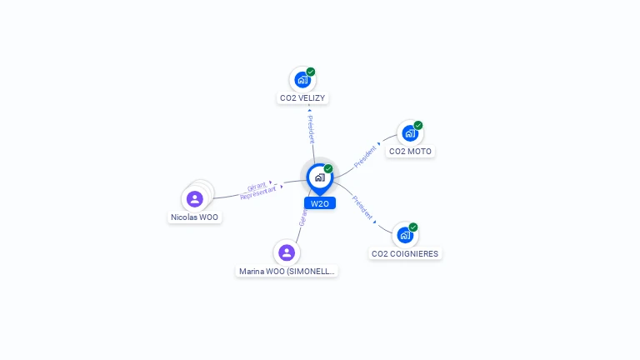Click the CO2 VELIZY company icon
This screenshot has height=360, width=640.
(x=302, y=80)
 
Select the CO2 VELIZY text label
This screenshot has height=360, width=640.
(x=302, y=98)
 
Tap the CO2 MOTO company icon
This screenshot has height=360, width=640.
(x=409, y=133)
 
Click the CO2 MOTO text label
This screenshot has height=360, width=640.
(x=410, y=152)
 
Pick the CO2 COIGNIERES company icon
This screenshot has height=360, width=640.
(x=404, y=235)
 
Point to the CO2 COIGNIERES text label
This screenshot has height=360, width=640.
(x=405, y=253)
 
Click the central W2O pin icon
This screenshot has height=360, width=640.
(x=319, y=177)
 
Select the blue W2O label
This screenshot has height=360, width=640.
(x=320, y=203)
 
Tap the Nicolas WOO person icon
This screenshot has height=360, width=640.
(x=194, y=199)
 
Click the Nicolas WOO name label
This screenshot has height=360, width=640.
(x=195, y=217)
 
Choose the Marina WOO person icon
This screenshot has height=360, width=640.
(x=287, y=252)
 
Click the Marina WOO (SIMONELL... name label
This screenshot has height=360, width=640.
(x=287, y=271)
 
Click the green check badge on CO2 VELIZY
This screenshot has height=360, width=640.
(x=311, y=72)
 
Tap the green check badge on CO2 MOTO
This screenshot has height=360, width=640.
(x=418, y=125)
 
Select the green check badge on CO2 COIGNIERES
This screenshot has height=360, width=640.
(x=413, y=227)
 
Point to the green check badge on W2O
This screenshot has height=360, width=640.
(x=328, y=168)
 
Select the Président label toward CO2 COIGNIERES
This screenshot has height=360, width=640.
(x=362, y=207)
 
